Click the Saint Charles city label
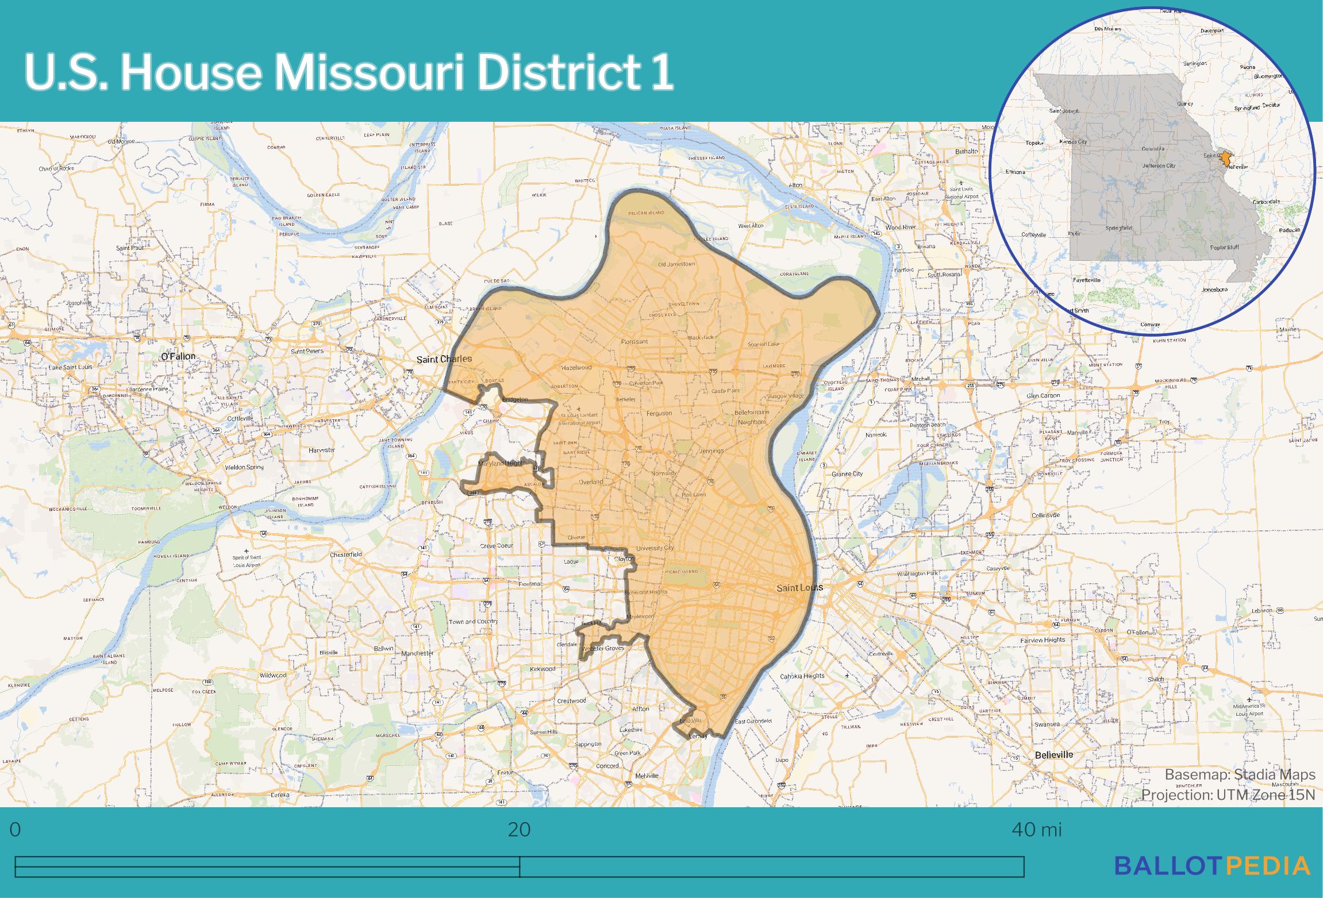[444, 359]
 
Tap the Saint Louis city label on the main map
[799, 588]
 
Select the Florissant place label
[634, 341]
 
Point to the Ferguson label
[659, 413]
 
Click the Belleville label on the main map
[1053, 755]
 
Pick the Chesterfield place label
[346, 554]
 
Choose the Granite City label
[847, 474]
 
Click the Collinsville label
[1046, 515]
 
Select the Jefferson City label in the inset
[1159, 165]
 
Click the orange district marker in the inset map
[1226, 157]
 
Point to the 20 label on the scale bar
[519, 830]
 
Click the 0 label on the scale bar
[16, 830]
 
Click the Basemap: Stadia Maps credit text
[1240, 774]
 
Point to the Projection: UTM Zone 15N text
[1228, 795]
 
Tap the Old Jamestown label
[676, 264]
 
